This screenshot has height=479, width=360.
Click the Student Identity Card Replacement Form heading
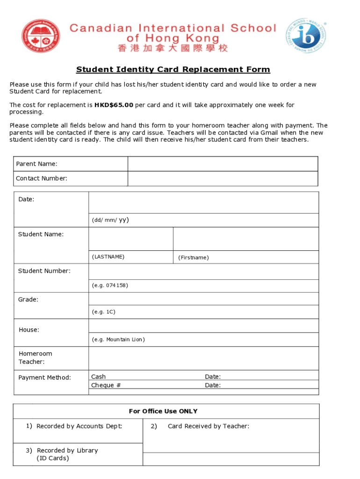pos(173,70)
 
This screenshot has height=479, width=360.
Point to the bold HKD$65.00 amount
pos(114,105)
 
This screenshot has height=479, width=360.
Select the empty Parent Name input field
pos(223,164)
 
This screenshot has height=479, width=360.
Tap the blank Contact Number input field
pos(223,179)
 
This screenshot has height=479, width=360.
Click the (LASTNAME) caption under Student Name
pos(108,257)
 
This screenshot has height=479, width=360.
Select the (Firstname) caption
pos(193,257)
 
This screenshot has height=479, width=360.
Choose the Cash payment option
pos(98,377)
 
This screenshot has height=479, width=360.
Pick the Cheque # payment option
pos(106,385)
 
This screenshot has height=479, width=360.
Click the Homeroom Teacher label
pos(35,358)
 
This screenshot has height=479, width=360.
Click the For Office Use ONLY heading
pos(163,411)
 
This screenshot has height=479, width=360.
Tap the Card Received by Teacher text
pos(208,426)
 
